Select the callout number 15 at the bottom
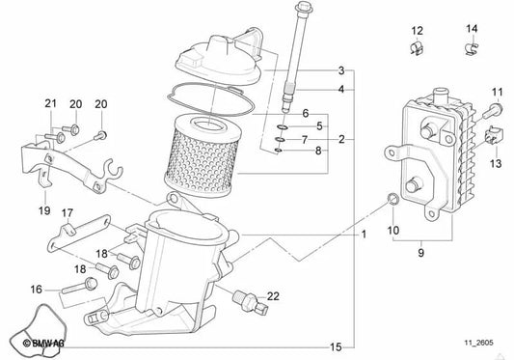[x=336, y=346]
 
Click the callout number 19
[x=43, y=209]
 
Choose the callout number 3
[x=340, y=71]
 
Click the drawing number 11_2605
[x=481, y=343]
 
